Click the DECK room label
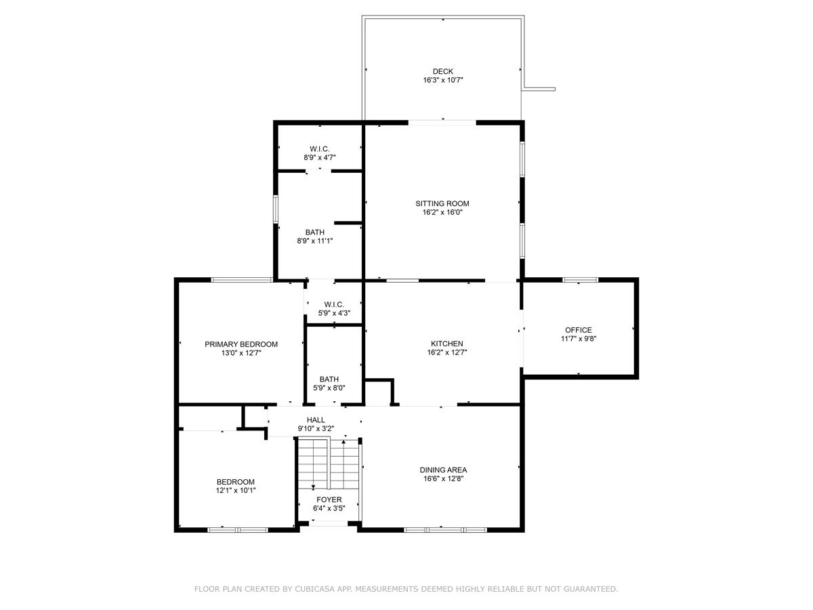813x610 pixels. coord(443,71)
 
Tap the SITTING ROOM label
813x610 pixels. coord(442,203)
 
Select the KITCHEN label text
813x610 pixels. coord(446,344)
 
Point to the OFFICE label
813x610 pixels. coord(578,330)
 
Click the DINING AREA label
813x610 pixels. coord(443,470)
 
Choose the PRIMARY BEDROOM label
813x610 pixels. coord(241,344)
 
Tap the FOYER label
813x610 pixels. coord(329,500)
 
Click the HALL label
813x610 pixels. coord(316,420)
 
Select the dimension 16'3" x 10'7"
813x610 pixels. coord(443,80)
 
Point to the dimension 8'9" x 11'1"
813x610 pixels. coord(314,241)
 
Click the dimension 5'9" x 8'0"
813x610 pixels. coord(329,388)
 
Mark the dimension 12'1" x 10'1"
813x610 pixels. coord(236,490)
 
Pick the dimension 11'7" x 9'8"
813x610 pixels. coord(578,339)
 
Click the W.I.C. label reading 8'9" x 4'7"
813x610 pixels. coord(319,148)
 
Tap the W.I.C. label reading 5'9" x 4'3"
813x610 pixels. coord(334,304)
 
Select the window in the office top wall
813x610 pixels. coord(580,279)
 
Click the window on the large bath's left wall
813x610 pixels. coord(275,209)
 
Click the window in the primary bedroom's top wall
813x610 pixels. coord(242,279)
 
